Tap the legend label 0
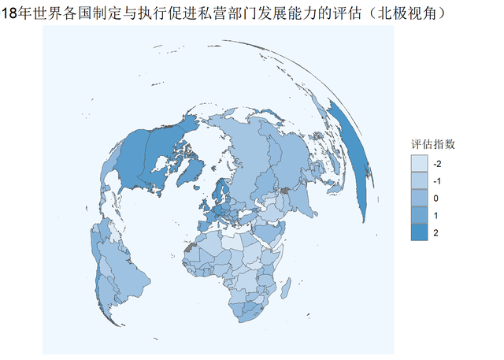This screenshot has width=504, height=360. pyautogui.click(x=437, y=199)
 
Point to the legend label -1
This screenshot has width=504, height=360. pyautogui.click(x=437, y=181)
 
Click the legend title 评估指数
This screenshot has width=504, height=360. pyautogui.click(x=432, y=145)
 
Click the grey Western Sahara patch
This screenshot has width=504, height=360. pyautogui.click(x=188, y=247)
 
